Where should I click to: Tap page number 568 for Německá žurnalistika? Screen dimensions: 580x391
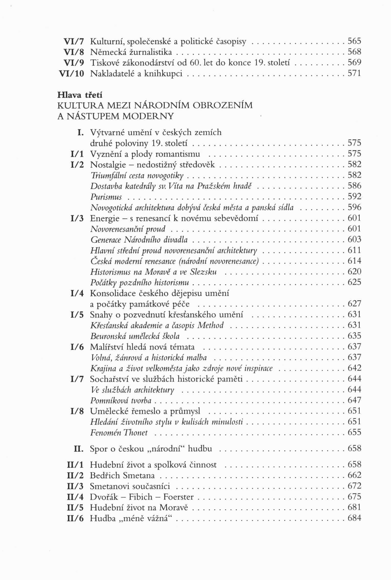(354, 52)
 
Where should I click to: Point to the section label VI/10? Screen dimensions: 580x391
(71, 74)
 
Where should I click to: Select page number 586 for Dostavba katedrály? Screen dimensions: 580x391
(354, 186)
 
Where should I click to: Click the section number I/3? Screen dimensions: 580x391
(77, 218)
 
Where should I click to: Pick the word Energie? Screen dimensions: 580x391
(105, 218)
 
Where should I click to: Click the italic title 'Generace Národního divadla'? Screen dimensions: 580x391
(139, 240)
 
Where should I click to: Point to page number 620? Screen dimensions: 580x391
(354, 272)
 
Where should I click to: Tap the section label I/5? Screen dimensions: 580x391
(77, 315)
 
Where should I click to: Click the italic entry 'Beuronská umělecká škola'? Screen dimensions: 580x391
(135, 336)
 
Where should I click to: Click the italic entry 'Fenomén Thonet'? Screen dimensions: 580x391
(119, 433)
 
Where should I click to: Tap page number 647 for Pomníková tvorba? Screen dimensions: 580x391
(354, 400)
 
